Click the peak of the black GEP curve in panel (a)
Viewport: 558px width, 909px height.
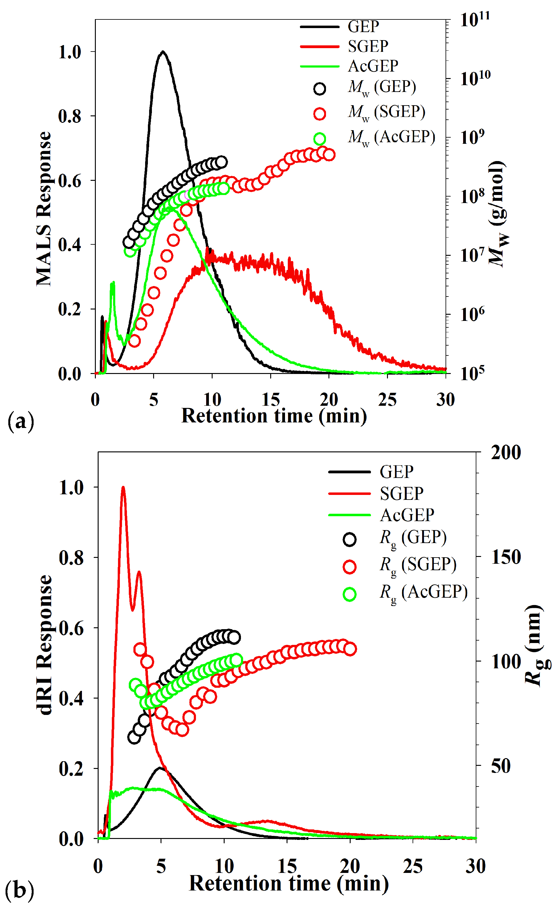point(163,52)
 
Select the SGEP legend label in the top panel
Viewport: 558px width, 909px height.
point(368,46)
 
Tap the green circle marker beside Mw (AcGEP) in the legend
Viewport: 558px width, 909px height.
point(320,139)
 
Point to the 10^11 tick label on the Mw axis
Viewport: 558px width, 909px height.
point(475,19)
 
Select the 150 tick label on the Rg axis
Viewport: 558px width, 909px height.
point(506,557)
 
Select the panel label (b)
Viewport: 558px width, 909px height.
point(19,890)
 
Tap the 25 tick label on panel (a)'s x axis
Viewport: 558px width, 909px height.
point(387,400)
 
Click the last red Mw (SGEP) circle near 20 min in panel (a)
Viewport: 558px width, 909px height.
point(329,155)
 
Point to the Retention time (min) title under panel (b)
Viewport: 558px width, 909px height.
point(289,884)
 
